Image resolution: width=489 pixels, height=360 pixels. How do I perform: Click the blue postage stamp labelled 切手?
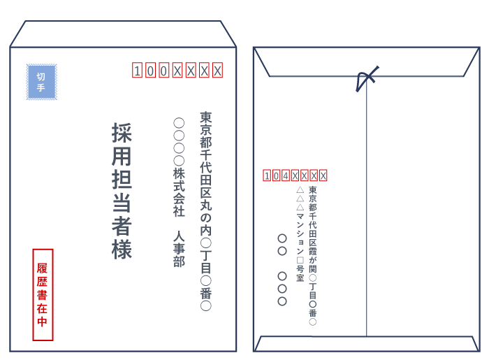41,82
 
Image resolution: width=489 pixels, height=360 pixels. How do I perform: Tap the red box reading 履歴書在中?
43,294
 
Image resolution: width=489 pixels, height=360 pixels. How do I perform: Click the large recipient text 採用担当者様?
122,191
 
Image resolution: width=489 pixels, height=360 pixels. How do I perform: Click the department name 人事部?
179,248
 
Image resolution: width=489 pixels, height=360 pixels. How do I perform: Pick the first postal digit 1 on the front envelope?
138,70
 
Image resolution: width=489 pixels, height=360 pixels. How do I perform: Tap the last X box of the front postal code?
217,70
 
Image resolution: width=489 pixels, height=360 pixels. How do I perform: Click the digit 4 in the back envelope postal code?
286,175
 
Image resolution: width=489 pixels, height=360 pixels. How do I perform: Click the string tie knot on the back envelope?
365,79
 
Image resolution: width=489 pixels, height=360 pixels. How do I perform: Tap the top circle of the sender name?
282,238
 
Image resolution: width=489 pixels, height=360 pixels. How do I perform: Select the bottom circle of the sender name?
282,301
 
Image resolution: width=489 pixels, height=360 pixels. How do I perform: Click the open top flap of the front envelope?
123,34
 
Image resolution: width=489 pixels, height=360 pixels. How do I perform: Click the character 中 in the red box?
43,322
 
